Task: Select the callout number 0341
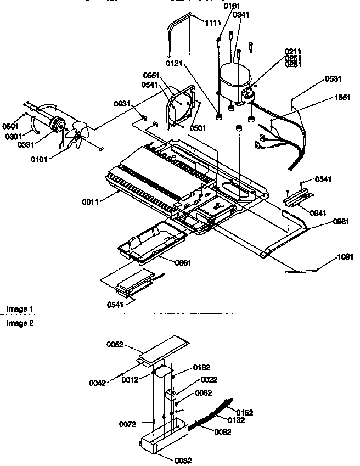[x=240, y=15]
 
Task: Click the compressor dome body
[x=233, y=82]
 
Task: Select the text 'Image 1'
[x=20, y=310]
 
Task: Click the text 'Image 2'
[x=20, y=323]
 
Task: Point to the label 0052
[x=116, y=345]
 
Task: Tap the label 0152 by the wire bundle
[x=244, y=412]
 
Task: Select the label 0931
[x=122, y=104]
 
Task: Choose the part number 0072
[x=128, y=424]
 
